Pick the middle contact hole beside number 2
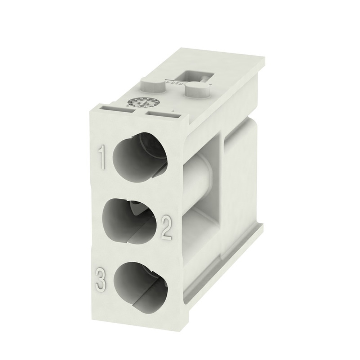(130, 220)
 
